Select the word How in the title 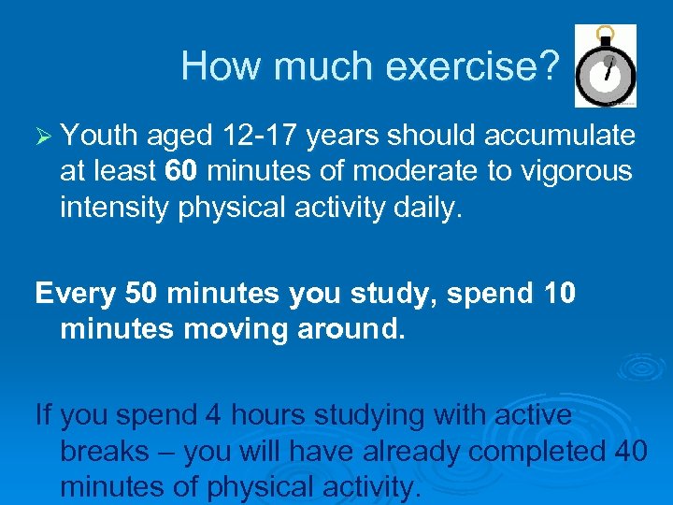[x=216, y=65]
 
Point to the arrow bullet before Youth [x=43, y=137]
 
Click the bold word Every [x=75, y=294]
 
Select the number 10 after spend [x=559, y=294]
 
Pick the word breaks [x=105, y=451]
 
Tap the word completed [x=537, y=451]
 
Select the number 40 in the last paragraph [x=631, y=451]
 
